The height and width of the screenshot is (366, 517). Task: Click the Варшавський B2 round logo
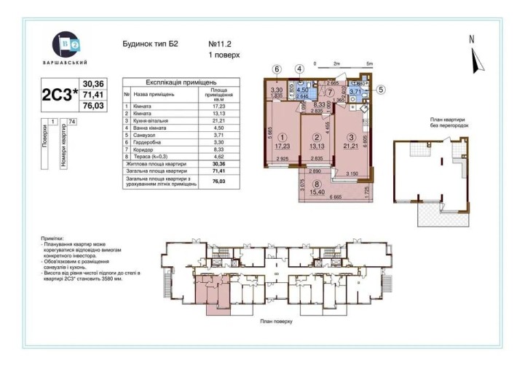point(66,45)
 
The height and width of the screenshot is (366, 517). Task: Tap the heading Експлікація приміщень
point(181,82)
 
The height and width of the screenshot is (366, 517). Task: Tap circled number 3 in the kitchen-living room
point(351,137)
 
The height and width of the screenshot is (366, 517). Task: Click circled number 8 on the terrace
point(315,184)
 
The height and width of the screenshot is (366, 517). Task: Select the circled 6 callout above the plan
point(277,69)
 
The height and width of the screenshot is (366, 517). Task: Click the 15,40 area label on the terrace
point(315,193)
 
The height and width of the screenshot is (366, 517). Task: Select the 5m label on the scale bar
point(369,63)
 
